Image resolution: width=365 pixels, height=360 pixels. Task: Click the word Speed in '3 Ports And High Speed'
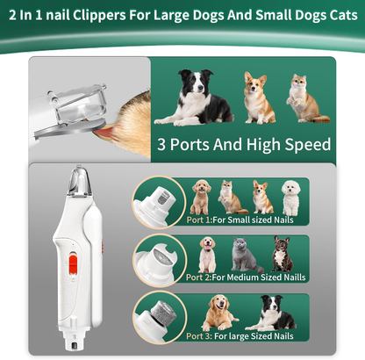point(304,145)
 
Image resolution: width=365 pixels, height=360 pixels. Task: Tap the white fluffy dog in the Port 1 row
point(290,197)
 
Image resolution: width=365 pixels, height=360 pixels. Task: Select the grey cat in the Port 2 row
point(245,255)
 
